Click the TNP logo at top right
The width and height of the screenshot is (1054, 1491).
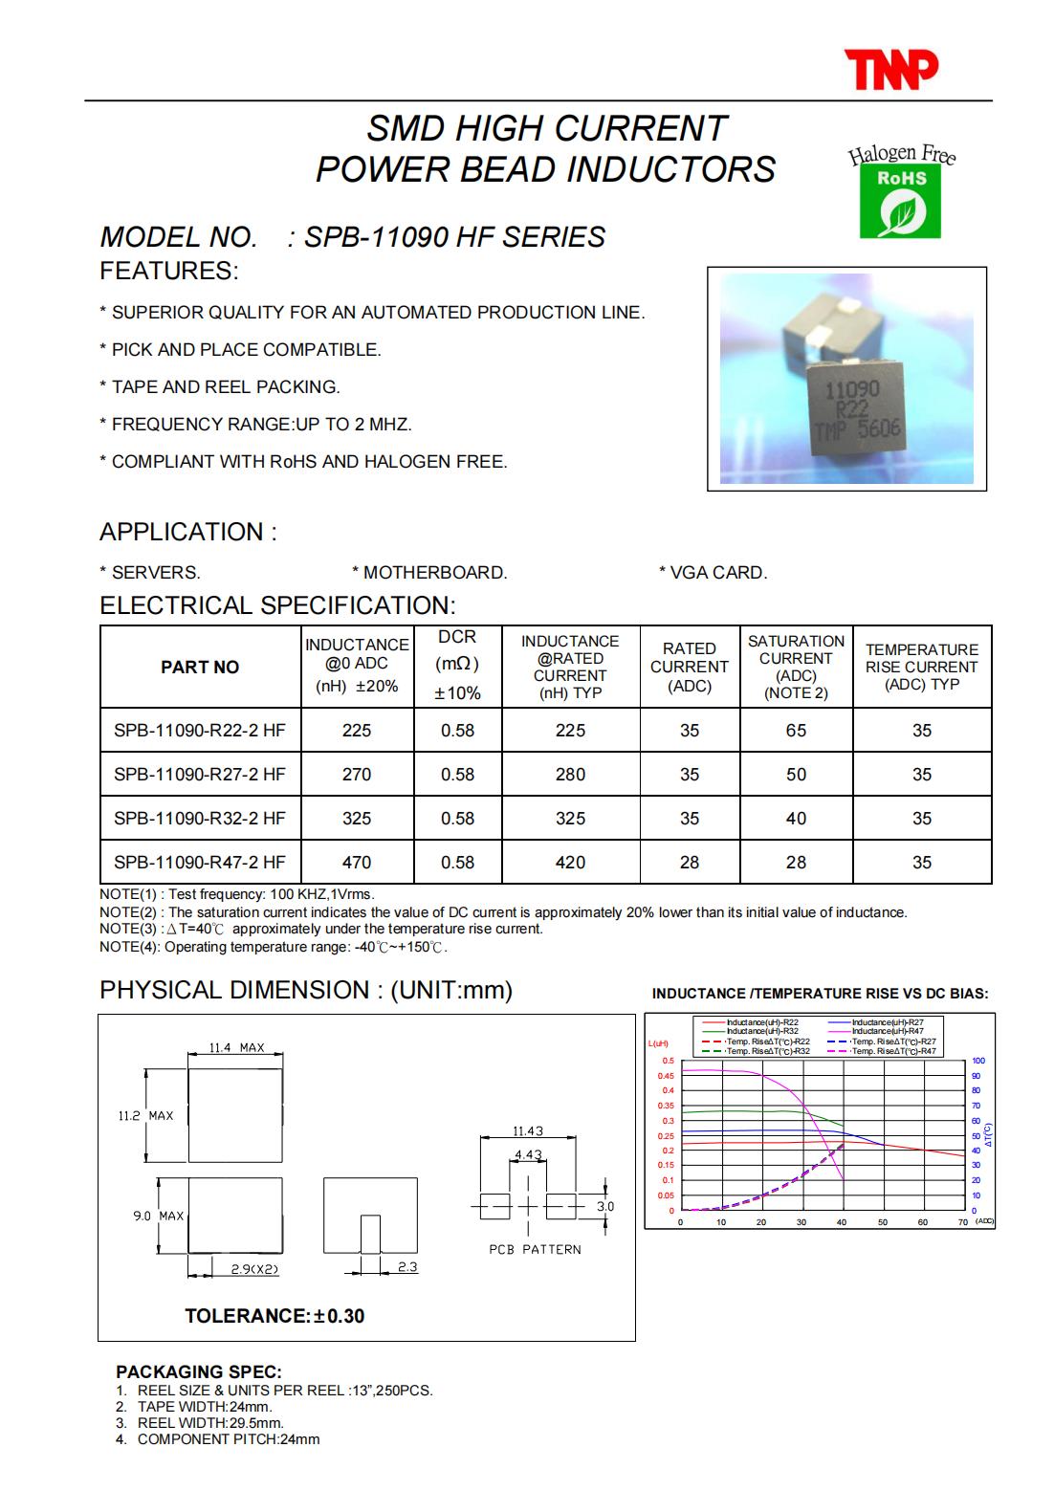[x=890, y=71]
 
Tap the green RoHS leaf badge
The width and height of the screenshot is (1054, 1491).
[x=900, y=203]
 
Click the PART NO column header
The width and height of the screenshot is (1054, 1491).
[x=200, y=668]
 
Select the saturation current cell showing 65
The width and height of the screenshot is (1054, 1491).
[x=796, y=731]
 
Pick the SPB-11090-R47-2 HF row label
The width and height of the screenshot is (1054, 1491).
[x=200, y=863]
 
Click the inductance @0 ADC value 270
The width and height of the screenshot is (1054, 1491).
[x=357, y=775]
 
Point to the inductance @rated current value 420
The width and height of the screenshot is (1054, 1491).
[x=570, y=863]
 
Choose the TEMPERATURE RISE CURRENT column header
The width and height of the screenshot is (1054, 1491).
[x=921, y=667]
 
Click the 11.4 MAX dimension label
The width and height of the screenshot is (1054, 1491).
[x=236, y=1048]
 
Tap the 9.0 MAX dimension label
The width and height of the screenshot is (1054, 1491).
[x=158, y=1216]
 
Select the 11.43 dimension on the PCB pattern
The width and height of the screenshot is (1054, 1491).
[x=528, y=1131]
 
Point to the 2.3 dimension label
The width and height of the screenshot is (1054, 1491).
[x=407, y=1267]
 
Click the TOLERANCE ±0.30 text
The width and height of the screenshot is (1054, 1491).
[x=274, y=1316]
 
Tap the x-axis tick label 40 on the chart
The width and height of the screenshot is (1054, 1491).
[x=842, y=1222]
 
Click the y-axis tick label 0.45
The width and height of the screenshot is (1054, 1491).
[x=666, y=1076]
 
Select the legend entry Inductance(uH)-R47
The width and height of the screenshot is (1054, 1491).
[x=887, y=1032]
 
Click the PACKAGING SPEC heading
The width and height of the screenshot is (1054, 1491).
[x=199, y=1372]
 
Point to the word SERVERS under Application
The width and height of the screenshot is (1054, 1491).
[x=156, y=573]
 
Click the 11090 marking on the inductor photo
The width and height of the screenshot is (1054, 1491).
[x=851, y=390]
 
